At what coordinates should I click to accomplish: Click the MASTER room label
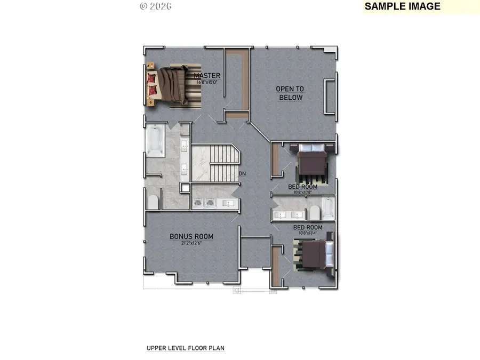(x=207, y=76)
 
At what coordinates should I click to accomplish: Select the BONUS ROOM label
(x=191, y=236)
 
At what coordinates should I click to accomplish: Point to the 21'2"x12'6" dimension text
(x=191, y=244)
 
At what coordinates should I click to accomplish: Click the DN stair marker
(x=242, y=174)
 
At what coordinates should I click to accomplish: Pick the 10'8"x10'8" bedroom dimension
(x=303, y=193)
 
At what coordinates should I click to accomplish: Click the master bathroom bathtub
(x=155, y=141)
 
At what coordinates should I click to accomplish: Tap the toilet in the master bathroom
(x=153, y=202)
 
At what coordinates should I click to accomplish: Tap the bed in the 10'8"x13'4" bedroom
(x=315, y=254)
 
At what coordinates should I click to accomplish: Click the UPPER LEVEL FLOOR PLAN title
(x=186, y=348)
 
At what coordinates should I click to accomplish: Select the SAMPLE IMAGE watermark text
(x=403, y=6)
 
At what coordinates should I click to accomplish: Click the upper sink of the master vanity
(x=183, y=144)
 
